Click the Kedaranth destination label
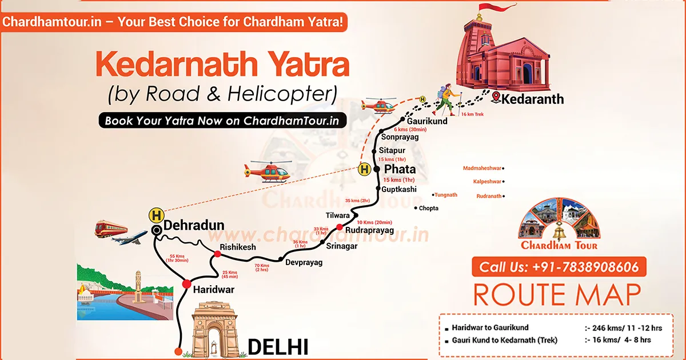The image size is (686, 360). [532, 99]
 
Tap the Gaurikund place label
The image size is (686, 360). [426, 121]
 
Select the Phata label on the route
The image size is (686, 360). [400, 170]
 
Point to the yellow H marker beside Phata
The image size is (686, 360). [364, 169]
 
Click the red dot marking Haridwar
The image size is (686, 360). [186, 284]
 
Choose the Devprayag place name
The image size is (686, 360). [304, 262]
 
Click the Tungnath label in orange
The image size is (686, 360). [446, 195]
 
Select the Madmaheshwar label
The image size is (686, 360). [482, 168]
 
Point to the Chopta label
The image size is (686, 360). [429, 208]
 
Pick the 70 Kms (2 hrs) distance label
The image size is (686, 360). [262, 267]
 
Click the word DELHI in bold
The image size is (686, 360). [278, 346]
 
